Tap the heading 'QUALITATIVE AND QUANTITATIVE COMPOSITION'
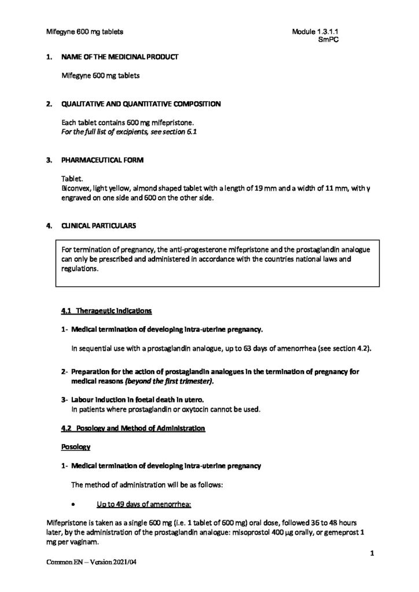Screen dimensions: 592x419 coord(141,105)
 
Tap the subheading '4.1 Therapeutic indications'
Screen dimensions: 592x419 coord(106,311)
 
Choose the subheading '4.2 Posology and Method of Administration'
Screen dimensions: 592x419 coord(133,428)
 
